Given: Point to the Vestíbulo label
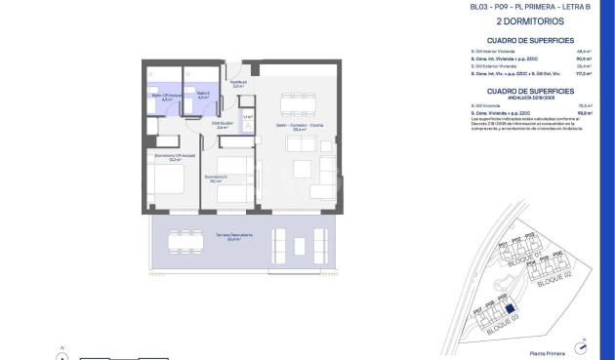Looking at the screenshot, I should pyautogui.click(x=238, y=84).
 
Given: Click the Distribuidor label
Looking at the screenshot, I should pyautogui.click(x=223, y=125).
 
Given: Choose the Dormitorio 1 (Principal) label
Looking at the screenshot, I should pyautogui.click(x=169, y=158).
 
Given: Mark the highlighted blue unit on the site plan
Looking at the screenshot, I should pyautogui.click(x=510, y=310).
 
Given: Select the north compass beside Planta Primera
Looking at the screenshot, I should pyautogui.click(x=584, y=344).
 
